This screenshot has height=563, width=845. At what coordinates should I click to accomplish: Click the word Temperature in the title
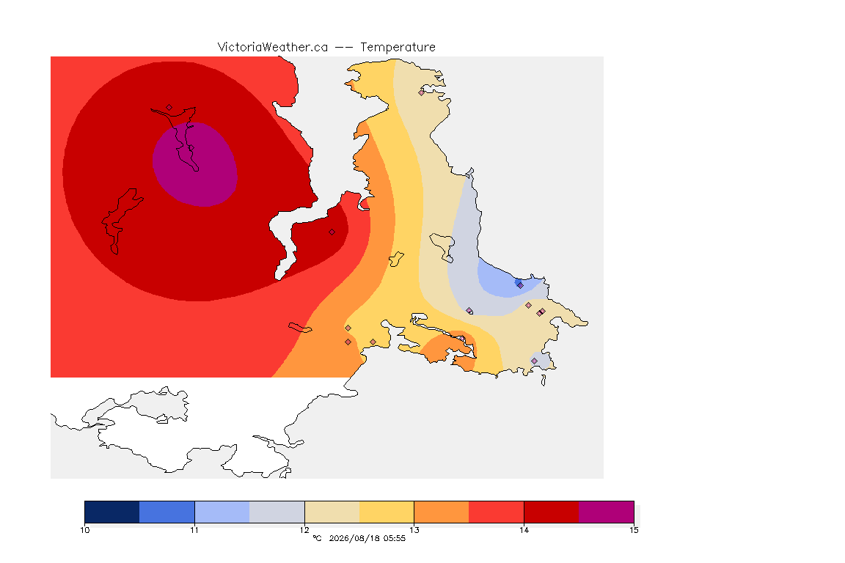coord(398,48)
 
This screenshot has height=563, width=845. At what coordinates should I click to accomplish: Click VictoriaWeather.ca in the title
coord(273,48)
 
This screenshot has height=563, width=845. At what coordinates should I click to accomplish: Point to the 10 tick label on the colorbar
coord(84,530)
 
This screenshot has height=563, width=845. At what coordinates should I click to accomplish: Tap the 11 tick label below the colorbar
coord(194,530)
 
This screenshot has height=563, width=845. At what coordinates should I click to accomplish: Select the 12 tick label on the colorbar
coord(304,530)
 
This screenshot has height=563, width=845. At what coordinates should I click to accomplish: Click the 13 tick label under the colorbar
coord(414,530)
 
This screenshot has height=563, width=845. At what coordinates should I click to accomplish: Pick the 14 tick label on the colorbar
coord(524,530)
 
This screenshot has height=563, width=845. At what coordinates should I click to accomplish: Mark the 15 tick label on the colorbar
coord(634,530)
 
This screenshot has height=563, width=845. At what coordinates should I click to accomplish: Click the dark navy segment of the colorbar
coord(112,512)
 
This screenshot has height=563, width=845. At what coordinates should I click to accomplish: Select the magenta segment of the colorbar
coord(607,512)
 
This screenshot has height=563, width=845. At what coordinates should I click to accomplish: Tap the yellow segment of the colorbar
coord(387,512)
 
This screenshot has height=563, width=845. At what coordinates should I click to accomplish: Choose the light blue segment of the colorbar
coord(222,512)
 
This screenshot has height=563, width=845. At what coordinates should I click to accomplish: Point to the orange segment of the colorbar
coord(442,512)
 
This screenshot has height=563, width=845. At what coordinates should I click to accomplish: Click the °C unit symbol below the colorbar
coord(317,538)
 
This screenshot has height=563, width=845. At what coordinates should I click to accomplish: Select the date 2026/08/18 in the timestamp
coord(354,538)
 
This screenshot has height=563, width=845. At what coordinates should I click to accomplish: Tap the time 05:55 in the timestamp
coord(395,538)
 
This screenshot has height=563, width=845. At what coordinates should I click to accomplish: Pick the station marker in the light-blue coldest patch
coord(520,285)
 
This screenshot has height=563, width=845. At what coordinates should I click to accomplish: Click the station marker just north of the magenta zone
coord(169,108)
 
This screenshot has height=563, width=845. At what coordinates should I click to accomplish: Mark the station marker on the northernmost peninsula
coord(422,92)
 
